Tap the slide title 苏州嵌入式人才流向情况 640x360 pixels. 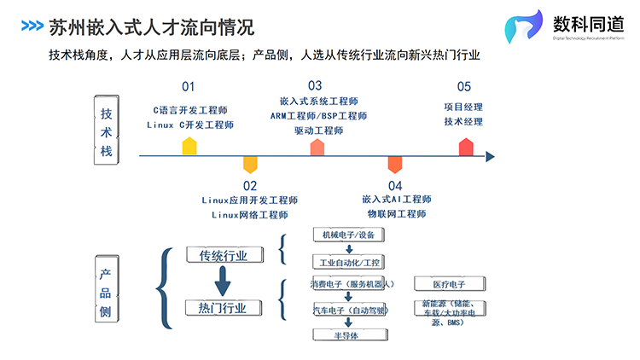pos(151,26)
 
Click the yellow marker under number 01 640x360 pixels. pos(189,146)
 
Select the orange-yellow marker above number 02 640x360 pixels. pos(250,165)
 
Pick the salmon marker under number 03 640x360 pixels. pos(317,146)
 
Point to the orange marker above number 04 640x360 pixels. pos(394,165)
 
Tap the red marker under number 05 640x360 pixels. pos(466,146)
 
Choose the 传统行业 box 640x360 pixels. pos(223,254)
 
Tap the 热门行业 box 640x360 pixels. pos(223,307)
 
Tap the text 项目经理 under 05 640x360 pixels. pos(463,107)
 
